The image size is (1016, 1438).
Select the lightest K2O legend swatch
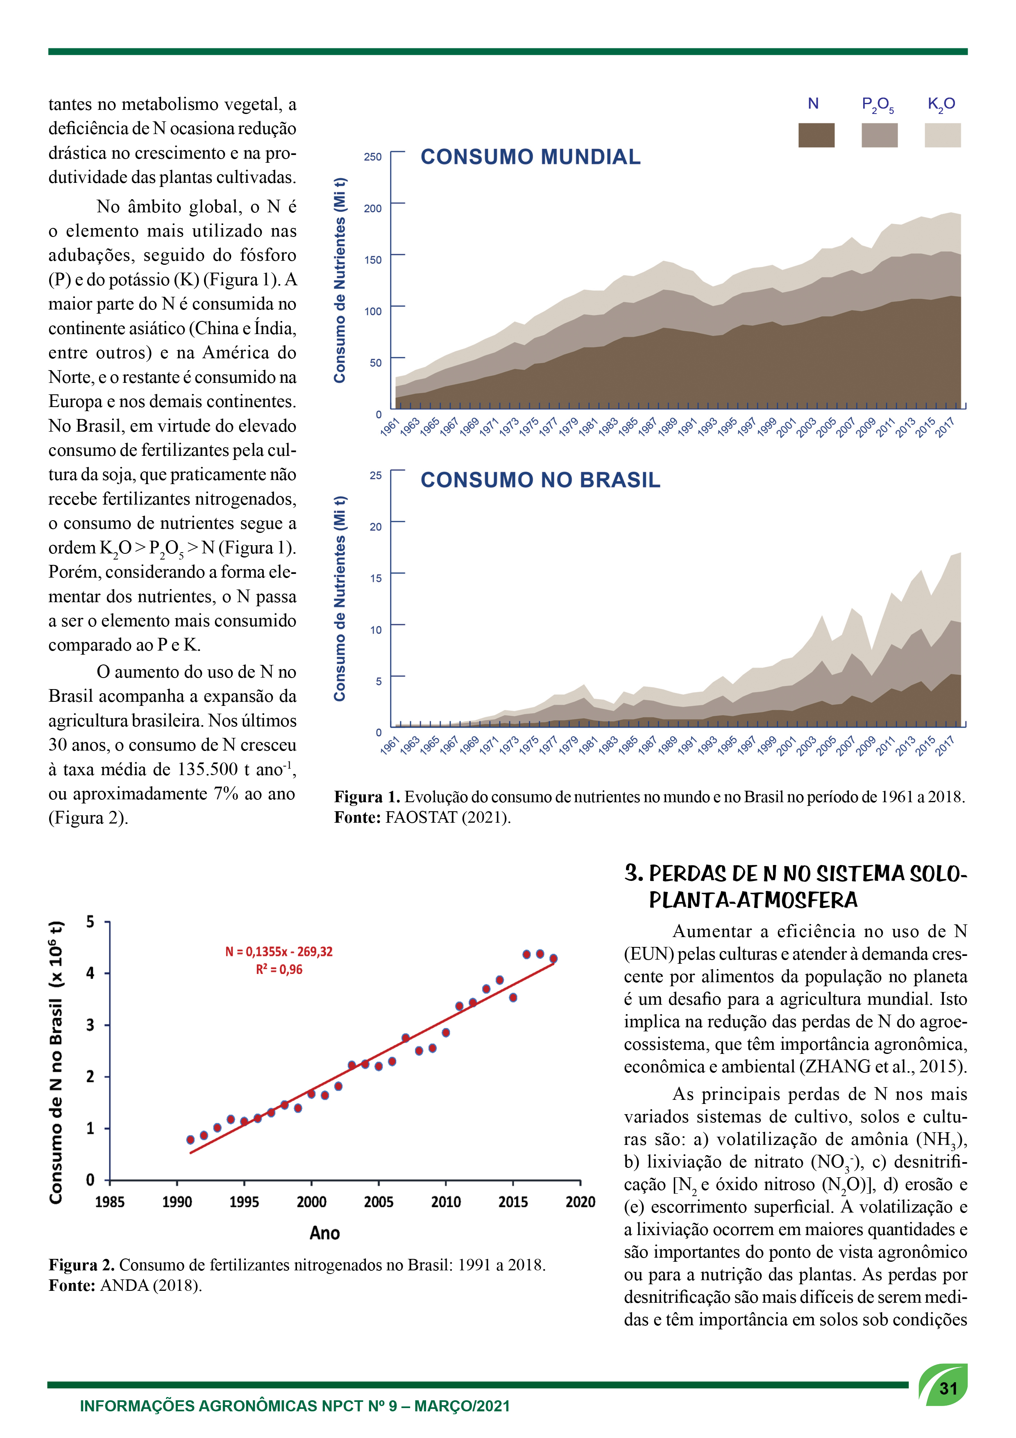tap(942, 135)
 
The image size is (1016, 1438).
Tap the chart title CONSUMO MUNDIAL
tap(530, 157)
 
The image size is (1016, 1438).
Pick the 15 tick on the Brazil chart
tap(376, 578)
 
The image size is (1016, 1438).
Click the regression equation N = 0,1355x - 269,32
tap(279, 951)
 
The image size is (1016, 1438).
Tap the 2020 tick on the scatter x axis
tap(580, 1202)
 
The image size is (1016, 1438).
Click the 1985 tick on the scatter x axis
tap(109, 1202)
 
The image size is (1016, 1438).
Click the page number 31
tap(948, 1388)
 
